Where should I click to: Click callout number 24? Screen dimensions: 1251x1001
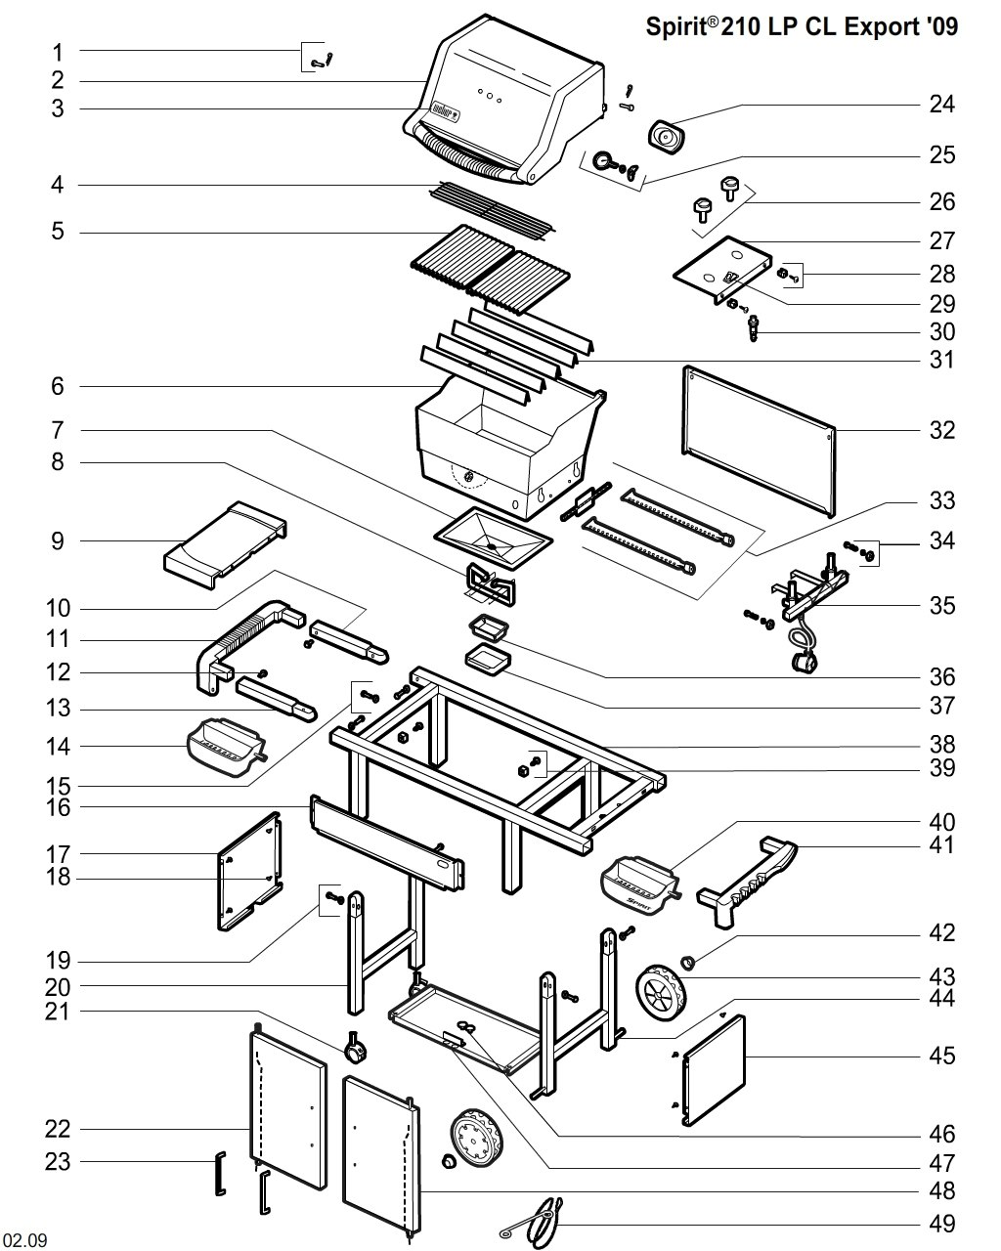[x=941, y=104]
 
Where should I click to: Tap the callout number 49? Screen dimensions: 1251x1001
[x=941, y=1223]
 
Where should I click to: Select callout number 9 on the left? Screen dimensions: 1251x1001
[x=58, y=540]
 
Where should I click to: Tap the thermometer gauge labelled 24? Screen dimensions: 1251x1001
[x=668, y=137]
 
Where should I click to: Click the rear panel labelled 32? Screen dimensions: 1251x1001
[x=759, y=440]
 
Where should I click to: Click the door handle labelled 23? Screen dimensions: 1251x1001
[x=220, y=1173]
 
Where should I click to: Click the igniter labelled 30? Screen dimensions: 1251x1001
[x=754, y=326]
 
